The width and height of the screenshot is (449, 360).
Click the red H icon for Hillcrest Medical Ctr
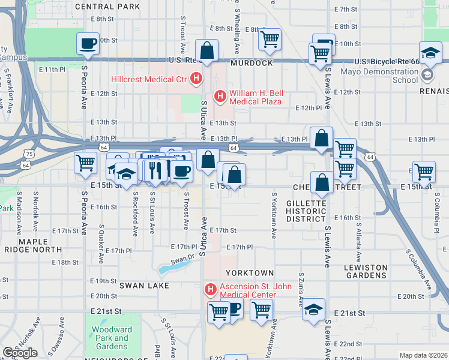(196, 78)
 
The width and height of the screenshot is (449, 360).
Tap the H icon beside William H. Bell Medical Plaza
(220, 95)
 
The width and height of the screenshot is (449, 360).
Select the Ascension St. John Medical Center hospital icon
(210, 290)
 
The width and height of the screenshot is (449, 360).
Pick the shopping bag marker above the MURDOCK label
(207, 52)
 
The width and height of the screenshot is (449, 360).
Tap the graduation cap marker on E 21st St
(313, 310)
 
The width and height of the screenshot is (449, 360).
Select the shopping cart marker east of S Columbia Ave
(424, 172)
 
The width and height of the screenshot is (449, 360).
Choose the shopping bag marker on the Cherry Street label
(322, 183)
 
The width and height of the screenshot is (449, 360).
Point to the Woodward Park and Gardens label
(112, 338)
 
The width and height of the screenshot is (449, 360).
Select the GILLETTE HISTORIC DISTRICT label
(306, 211)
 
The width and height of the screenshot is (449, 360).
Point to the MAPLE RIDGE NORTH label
(33, 245)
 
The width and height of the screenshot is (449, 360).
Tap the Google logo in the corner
(20, 353)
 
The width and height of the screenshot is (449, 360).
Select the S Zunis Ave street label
(301, 288)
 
